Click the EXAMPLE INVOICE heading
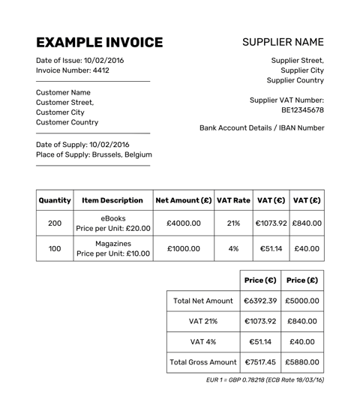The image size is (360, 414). tap(99, 42)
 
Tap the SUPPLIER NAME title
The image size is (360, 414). tap(283, 42)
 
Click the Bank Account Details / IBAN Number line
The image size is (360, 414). tap(262, 128)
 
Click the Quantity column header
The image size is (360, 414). tap(54, 200)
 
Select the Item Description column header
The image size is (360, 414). tap(112, 200)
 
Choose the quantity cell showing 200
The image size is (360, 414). tap(55, 223)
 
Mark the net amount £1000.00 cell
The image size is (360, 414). tap(184, 248)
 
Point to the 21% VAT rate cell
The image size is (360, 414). tap(233, 223)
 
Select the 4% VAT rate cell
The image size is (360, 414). tap(233, 248)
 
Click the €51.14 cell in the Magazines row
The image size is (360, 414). tap(270, 248)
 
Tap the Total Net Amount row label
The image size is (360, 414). tap(202, 301)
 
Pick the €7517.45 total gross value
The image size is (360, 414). tap(260, 361)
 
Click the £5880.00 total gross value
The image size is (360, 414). tap(302, 361)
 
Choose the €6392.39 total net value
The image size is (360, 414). tap(260, 301)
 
